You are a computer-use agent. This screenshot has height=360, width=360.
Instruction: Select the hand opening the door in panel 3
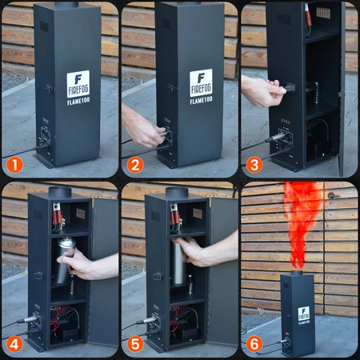[262, 90]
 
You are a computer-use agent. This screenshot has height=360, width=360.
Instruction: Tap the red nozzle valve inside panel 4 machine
[57, 214]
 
